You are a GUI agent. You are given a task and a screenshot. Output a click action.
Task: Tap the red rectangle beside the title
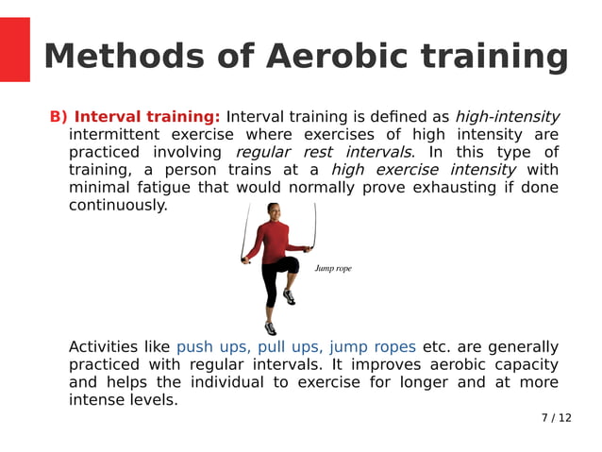(x=15, y=49)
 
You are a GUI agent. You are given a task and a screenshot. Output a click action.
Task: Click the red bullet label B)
(x=59, y=117)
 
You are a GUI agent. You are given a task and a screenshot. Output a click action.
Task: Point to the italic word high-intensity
(x=507, y=117)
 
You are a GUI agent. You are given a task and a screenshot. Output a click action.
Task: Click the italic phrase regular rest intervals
(x=324, y=152)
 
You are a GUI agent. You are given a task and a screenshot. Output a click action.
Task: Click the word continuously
(x=118, y=205)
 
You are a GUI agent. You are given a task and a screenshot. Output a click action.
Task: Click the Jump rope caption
(x=333, y=269)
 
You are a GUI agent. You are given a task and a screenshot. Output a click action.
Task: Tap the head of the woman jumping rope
(x=274, y=211)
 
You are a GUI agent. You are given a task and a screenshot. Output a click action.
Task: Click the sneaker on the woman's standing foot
(x=271, y=328)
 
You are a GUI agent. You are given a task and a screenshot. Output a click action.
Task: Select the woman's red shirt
(x=273, y=241)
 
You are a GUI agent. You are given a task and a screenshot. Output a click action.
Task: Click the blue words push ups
(x=212, y=347)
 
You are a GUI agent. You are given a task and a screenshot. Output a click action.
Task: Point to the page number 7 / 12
(x=556, y=418)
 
